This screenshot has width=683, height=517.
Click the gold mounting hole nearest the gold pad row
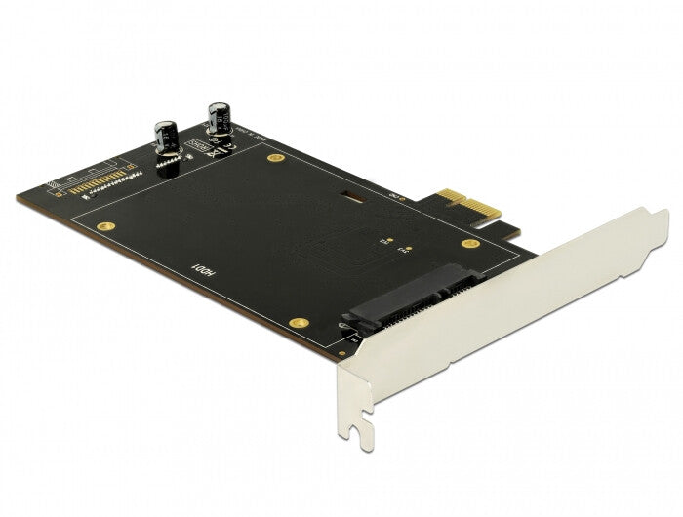click(x=103, y=225)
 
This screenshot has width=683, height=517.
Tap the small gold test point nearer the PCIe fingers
click(x=401, y=250)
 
